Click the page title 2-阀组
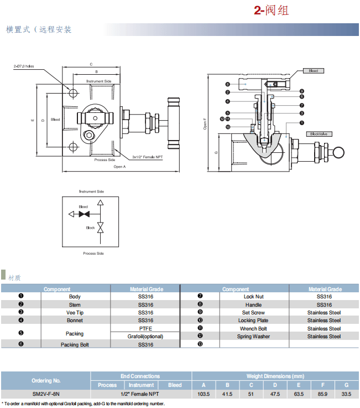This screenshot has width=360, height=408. pyautogui.click(x=271, y=11)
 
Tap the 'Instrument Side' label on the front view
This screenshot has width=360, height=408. pyautogui.click(x=99, y=81)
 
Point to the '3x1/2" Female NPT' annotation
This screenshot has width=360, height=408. pyautogui.click(x=148, y=157)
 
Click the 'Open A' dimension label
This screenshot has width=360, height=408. pyautogui.click(x=119, y=166)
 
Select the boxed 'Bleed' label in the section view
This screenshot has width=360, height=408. pyautogui.click(x=314, y=71)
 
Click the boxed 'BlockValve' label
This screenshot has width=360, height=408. pyautogui.click(x=319, y=133)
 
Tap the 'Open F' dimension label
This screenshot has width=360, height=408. pyautogui.click(x=205, y=123)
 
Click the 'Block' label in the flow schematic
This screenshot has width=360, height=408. pyautogui.click(x=90, y=228)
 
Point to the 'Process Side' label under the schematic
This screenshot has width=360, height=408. pyautogui.click(x=93, y=253)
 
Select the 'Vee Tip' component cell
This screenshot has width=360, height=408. pyautogui.click(x=75, y=313)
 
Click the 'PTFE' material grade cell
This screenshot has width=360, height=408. pyautogui.click(x=145, y=328)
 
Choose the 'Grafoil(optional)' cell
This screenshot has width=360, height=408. pyautogui.click(x=145, y=336)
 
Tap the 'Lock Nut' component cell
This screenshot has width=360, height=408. pyautogui.click(x=253, y=297)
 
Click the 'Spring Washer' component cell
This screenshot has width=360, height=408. pyautogui.click(x=253, y=337)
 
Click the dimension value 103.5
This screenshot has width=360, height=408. pyautogui.click(x=204, y=394)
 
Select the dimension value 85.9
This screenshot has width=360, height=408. pyautogui.click(x=322, y=394)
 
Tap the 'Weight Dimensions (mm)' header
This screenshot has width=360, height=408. pyautogui.click(x=275, y=376)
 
